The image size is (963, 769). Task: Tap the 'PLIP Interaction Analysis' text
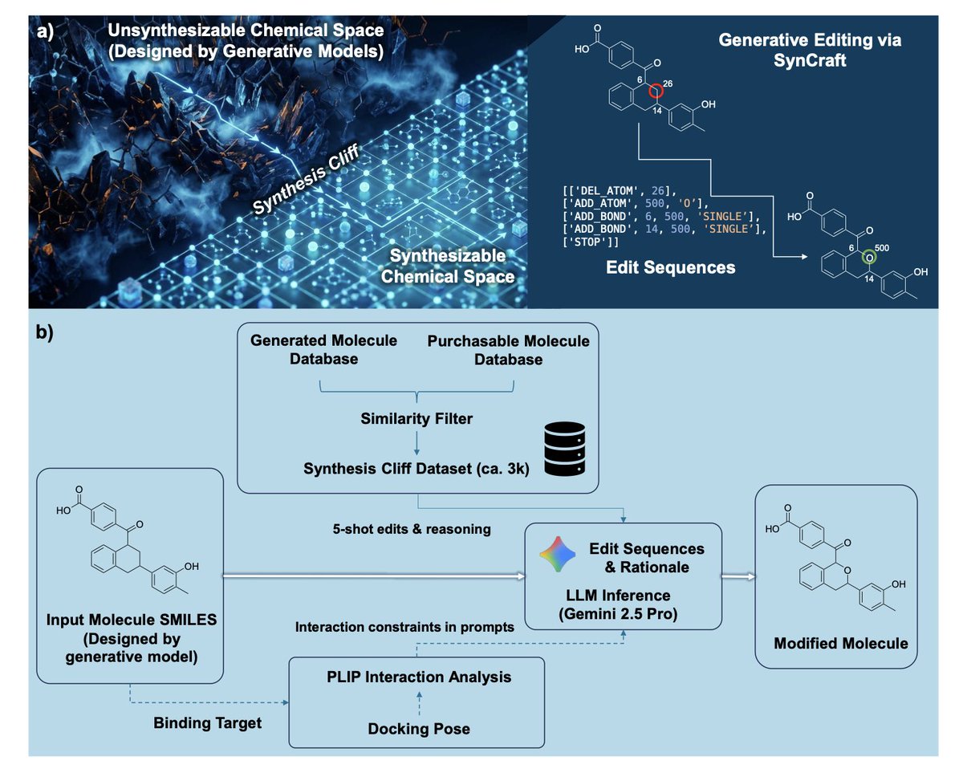417,677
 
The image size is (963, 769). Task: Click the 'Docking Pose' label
418,729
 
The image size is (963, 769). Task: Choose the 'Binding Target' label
208,723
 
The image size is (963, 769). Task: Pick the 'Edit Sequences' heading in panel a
670,267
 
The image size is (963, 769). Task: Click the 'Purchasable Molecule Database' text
508,350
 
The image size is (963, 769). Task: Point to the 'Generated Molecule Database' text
325,349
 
